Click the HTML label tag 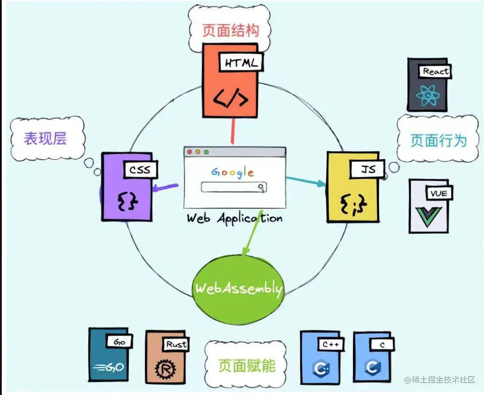(241, 63)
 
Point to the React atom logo (428, 95)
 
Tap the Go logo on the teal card (107, 367)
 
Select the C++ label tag (330, 344)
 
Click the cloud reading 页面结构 (230, 31)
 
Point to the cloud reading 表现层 (46, 138)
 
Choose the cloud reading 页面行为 (438, 140)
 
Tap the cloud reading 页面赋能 (246, 365)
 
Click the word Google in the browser (233, 172)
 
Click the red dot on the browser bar (190, 152)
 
